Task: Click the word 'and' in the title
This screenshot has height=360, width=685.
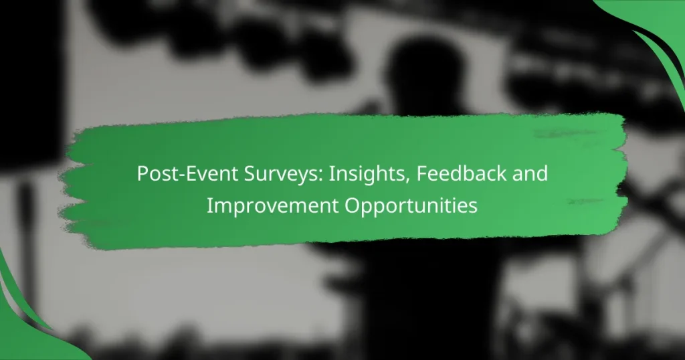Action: coord(532,175)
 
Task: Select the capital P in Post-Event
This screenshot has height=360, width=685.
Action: coord(142,175)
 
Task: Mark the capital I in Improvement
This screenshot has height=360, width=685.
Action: coord(209,205)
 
